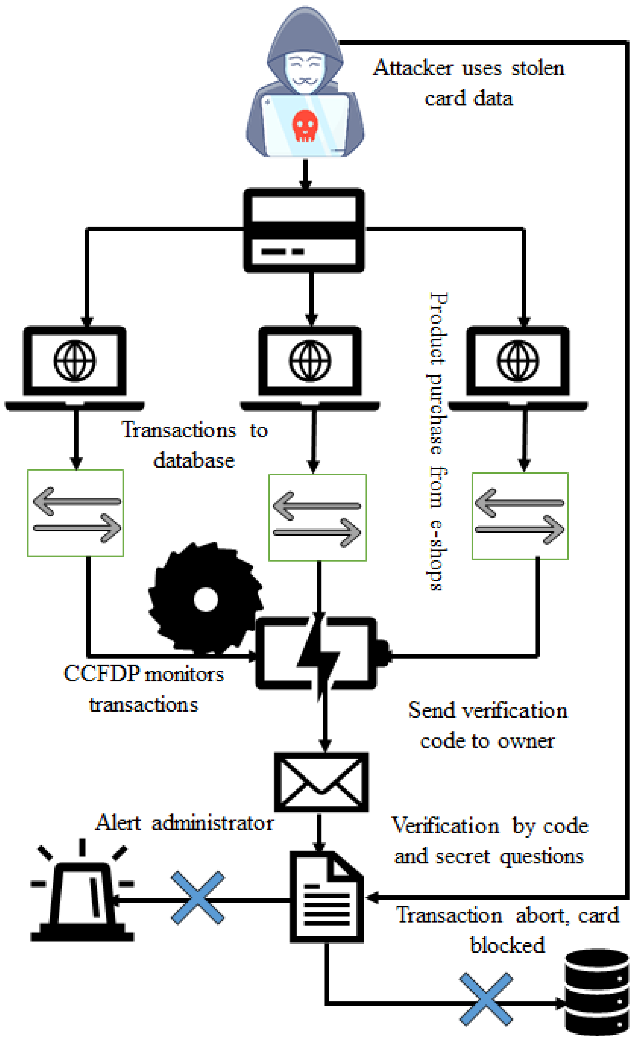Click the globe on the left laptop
click(x=75, y=361)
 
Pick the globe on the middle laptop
click(x=310, y=361)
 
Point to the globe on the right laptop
click(x=518, y=361)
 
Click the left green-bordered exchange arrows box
click(x=76, y=513)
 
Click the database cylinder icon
click(x=597, y=992)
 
